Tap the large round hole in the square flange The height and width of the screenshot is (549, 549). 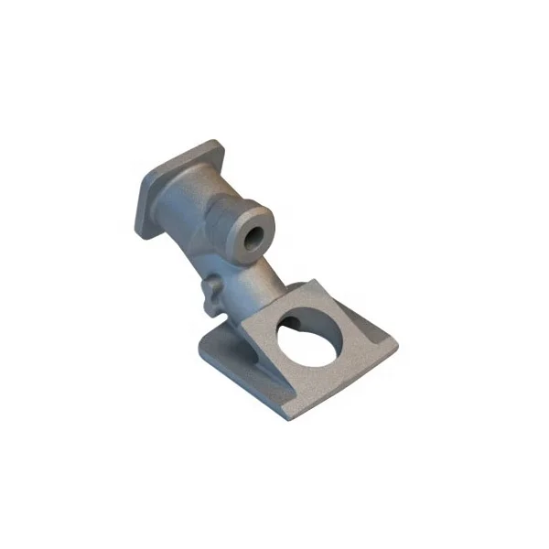pyautogui.click(x=311, y=338)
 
